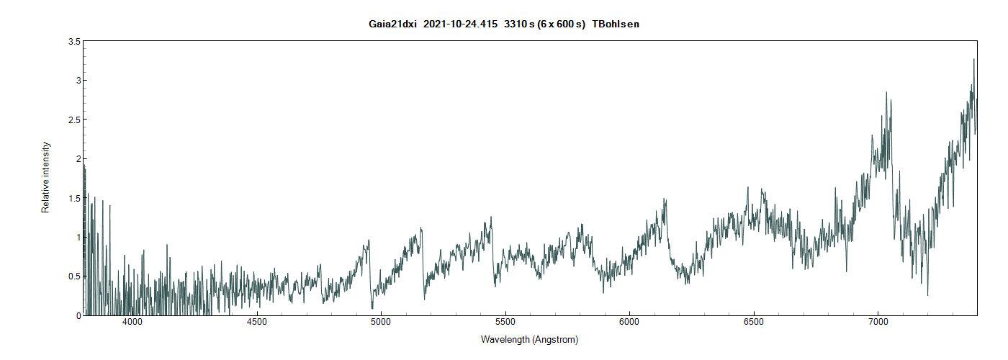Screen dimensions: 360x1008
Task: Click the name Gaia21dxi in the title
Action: (x=392, y=24)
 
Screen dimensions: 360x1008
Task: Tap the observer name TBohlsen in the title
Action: (x=616, y=24)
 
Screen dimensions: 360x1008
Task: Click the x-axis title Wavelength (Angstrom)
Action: (x=529, y=339)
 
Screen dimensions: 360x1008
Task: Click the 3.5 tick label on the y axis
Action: (x=74, y=42)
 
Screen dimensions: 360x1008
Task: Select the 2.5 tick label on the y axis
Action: (x=74, y=120)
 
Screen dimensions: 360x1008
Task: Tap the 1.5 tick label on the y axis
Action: (x=74, y=198)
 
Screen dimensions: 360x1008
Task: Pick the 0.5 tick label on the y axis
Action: (x=74, y=276)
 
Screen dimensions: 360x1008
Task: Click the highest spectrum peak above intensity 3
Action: (x=974, y=60)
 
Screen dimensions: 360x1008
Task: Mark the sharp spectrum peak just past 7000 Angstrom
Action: (x=886, y=92)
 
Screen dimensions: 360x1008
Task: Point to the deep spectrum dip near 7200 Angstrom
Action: (x=927, y=294)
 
